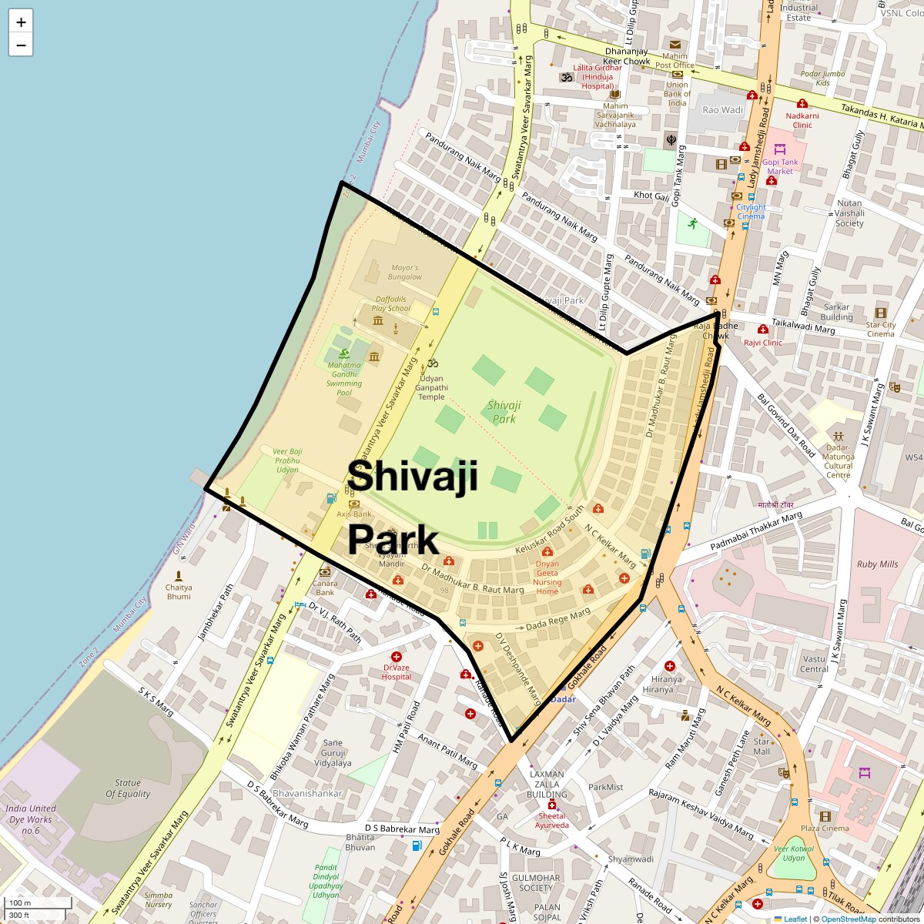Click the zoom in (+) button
21,22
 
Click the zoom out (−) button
21,45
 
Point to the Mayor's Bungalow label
405,272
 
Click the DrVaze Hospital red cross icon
397,657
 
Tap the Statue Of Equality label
128,788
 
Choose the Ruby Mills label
877,564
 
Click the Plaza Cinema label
825,829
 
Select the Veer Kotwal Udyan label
793,853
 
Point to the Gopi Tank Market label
780,166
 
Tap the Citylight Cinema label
751,212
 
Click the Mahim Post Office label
675,60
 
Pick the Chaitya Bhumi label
179,591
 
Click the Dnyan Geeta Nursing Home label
547,577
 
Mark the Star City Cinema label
880,329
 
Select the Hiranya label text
666,685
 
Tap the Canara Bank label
325,588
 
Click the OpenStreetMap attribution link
848,919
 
